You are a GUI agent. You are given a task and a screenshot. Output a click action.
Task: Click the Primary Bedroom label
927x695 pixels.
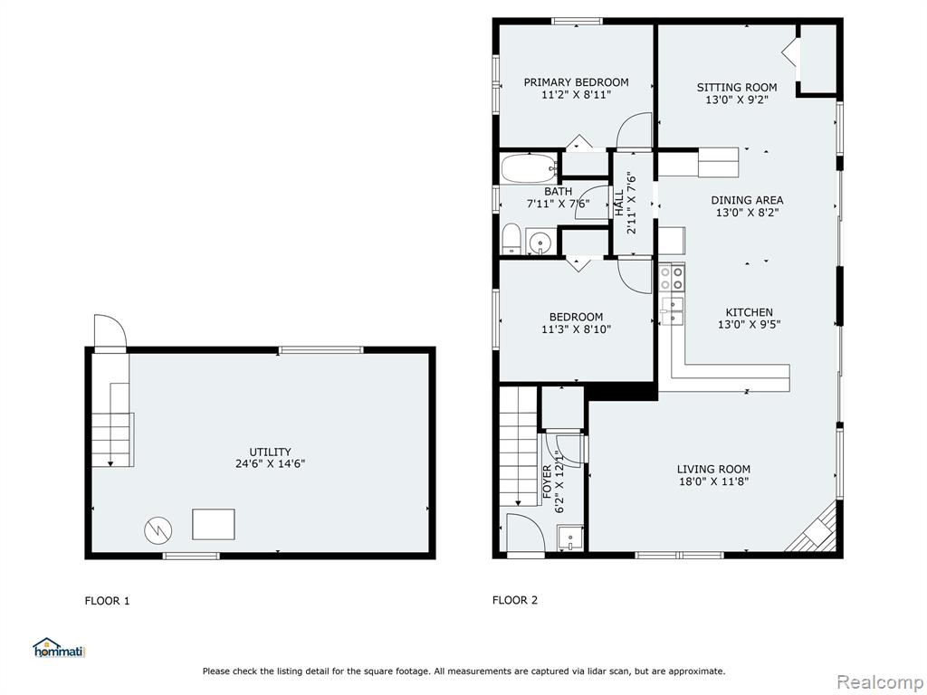pos(576,82)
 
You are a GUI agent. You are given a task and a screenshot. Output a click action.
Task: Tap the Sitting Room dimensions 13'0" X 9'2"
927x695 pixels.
pos(737,100)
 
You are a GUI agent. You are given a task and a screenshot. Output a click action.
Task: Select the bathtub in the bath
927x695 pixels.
pos(529,168)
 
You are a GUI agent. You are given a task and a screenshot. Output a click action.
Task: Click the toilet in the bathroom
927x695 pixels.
pos(511,239)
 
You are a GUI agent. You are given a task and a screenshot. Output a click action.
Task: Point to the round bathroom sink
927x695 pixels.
pos(540,243)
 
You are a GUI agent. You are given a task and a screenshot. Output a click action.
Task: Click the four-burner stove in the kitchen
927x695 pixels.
pos(673,279)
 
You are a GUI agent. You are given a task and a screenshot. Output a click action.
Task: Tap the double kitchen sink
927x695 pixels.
pos(673,311)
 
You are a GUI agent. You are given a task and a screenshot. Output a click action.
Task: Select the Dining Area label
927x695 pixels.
pos(747,200)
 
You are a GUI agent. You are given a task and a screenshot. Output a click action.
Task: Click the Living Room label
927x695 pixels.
pos(713,470)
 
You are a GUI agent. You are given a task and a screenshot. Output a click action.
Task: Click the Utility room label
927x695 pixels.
pos(270,452)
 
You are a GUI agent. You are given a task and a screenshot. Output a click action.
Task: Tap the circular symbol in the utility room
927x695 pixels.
pos(158,529)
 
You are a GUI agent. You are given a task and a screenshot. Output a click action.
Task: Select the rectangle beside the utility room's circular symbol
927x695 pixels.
pos(214,524)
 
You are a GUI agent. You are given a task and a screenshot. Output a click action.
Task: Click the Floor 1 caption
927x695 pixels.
pos(107,601)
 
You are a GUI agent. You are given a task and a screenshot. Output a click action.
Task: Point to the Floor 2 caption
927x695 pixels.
pos(515,601)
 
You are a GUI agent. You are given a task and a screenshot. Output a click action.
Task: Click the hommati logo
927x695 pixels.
pos(60,648)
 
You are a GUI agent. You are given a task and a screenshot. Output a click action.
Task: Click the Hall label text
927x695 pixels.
pos(619,203)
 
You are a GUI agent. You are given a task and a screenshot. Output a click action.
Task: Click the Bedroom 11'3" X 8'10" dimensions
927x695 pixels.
pos(576,329)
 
